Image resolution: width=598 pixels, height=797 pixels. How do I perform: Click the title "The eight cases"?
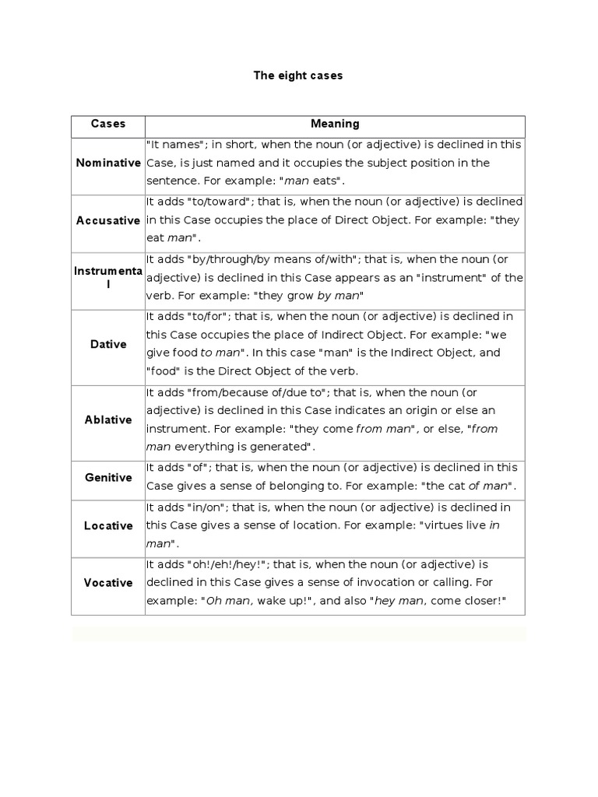pyautogui.click(x=298, y=76)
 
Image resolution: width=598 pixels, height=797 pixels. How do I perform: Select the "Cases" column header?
pyautogui.click(x=108, y=124)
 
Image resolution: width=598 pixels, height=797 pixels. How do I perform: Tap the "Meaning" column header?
pyautogui.click(x=335, y=124)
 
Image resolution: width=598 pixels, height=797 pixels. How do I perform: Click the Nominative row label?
pyautogui.click(x=108, y=163)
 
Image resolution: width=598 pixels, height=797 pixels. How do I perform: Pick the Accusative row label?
pyautogui.click(x=108, y=220)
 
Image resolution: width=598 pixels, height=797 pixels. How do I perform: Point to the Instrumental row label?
pyautogui.click(x=108, y=278)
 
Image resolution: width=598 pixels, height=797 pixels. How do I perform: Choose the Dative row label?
pyautogui.click(x=108, y=344)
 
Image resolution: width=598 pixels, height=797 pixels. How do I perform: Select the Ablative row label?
pyautogui.click(x=108, y=420)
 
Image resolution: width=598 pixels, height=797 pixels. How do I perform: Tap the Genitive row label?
pyautogui.click(x=108, y=477)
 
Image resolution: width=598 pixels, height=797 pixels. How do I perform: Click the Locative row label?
pyautogui.click(x=108, y=525)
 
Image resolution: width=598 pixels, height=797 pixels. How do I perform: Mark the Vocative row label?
pyautogui.click(x=108, y=582)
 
